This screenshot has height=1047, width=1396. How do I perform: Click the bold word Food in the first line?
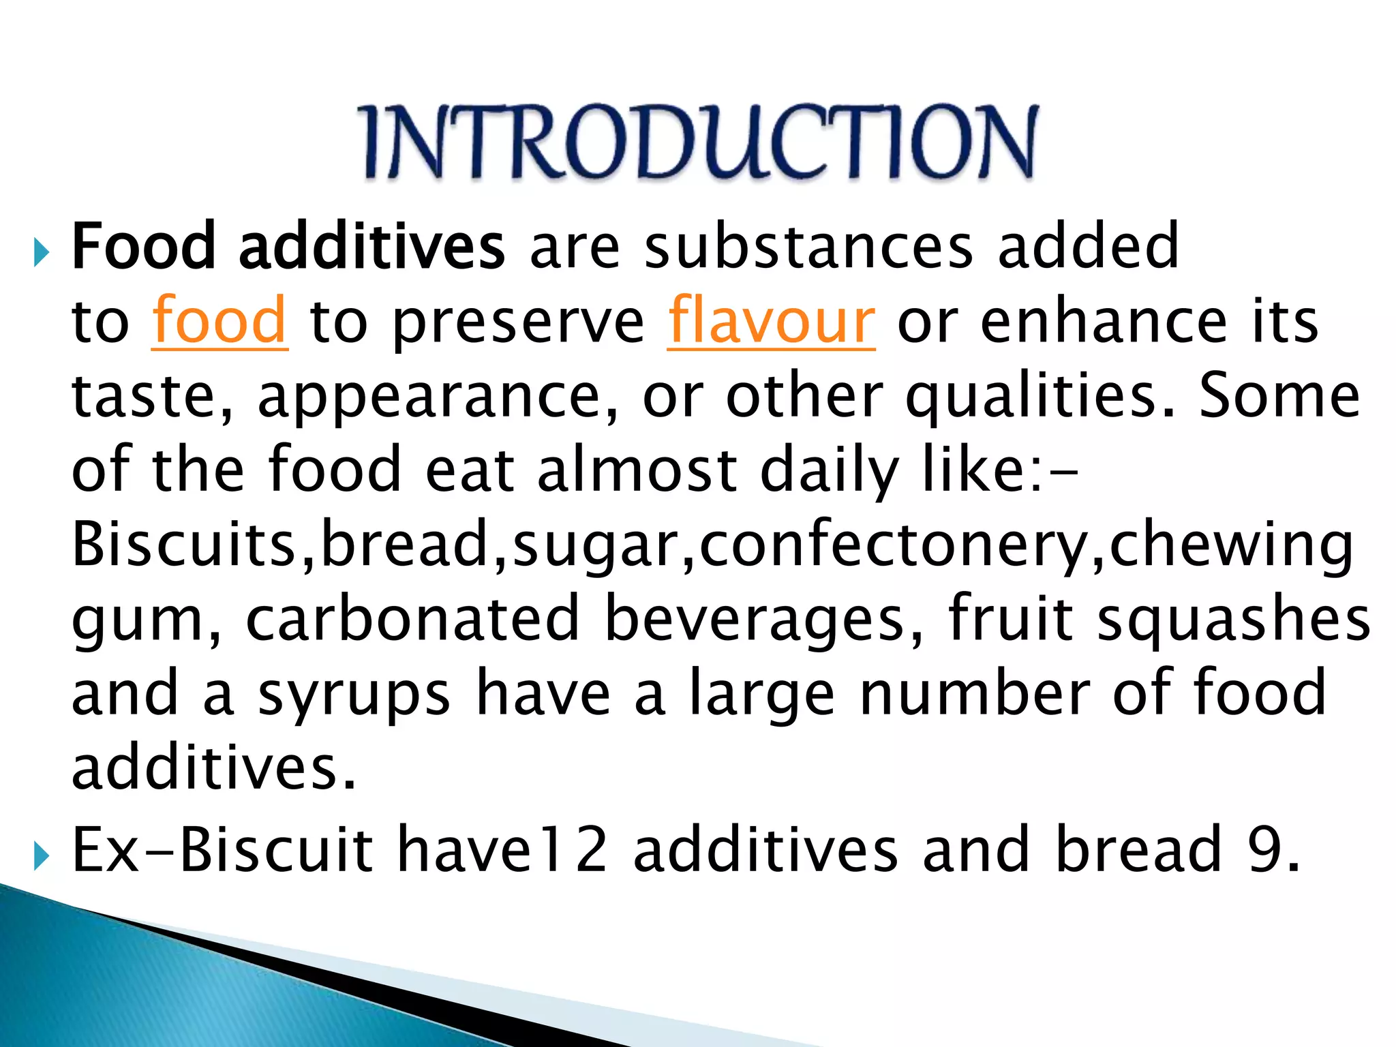(143, 246)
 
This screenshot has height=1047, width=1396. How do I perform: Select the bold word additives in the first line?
(371, 246)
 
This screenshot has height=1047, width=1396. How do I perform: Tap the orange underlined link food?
(219, 321)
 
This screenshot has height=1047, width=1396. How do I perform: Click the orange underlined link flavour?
(771, 321)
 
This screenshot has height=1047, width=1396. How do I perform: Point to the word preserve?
(518, 324)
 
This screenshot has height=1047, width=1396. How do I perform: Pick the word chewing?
(1231, 545)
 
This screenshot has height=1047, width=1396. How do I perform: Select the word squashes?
(1233, 620)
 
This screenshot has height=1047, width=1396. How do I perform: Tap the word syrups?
(354, 695)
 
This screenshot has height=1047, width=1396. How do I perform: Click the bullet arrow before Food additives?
(42, 254)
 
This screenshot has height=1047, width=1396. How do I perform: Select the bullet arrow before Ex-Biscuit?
(42, 856)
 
